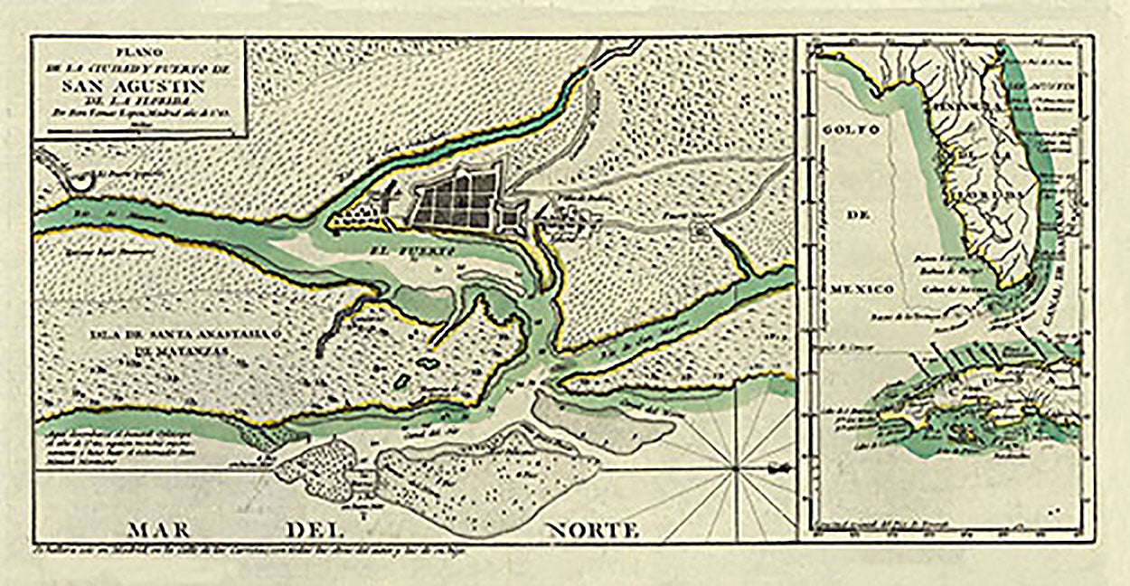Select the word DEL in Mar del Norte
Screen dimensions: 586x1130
pyautogui.click(x=313, y=529)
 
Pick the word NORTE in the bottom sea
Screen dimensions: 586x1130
pyautogui.click(x=591, y=529)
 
